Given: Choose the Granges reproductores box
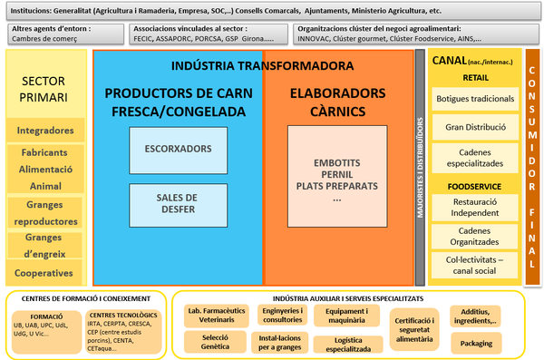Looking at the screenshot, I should [45, 213].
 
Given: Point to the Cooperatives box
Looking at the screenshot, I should [45, 272].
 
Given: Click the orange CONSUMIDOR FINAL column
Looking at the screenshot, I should [533, 168].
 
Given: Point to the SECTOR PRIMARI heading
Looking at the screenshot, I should [45, 89].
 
